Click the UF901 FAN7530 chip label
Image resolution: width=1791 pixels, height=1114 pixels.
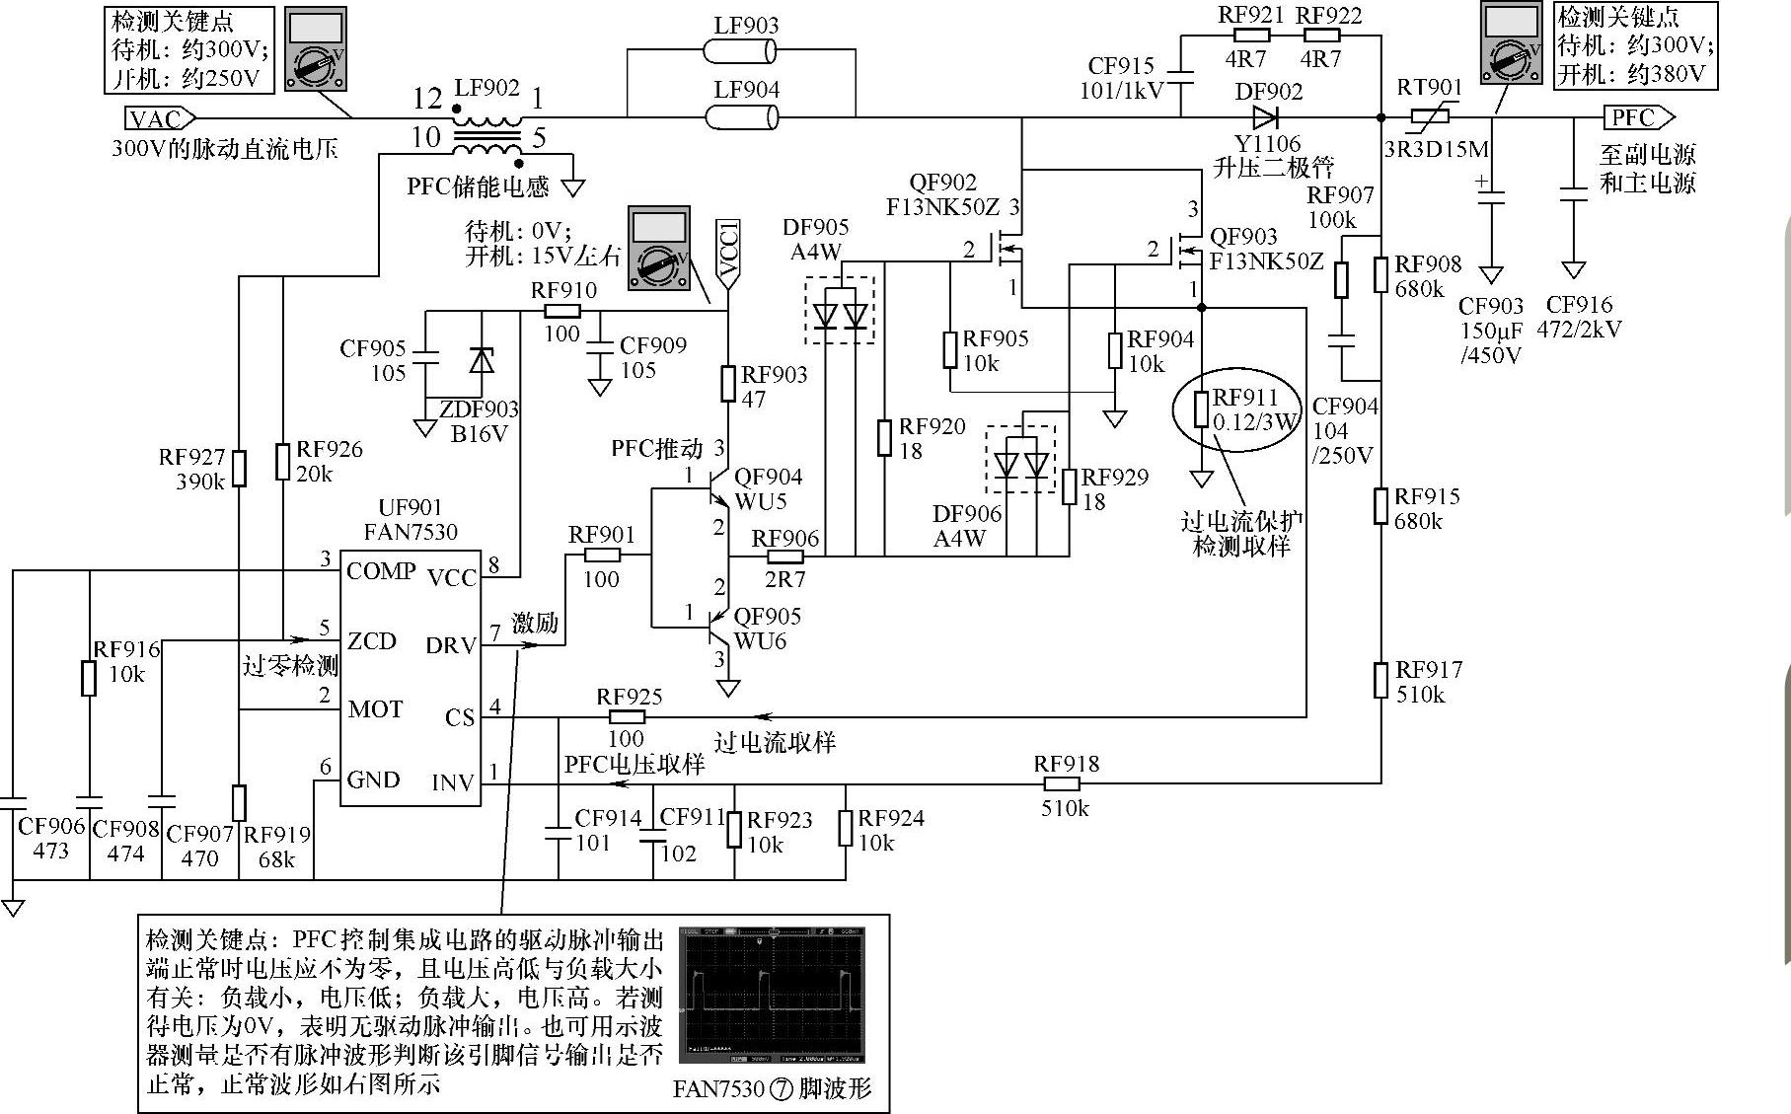(x=410, y=520)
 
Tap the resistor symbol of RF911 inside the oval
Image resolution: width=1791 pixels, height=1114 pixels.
(x=1201, y=408)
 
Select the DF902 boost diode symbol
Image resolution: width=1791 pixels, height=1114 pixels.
(x=1266, y=118)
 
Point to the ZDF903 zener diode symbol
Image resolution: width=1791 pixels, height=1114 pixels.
(x=481, y=360)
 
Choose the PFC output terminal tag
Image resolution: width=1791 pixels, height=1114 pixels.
(x=1636, y=118)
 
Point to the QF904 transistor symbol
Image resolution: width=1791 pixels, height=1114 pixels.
(x=718, y=488)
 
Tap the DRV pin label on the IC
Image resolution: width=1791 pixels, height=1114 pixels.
(x=451, y=645)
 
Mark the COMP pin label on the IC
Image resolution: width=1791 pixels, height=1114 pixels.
(x=381, y=571)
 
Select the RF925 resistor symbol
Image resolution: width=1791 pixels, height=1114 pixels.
(x=627, y=717)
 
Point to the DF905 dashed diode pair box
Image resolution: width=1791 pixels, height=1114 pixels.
(x=840, y=311)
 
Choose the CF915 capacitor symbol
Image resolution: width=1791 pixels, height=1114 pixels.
(x=1181, y=76)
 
